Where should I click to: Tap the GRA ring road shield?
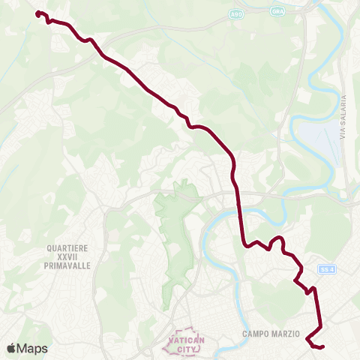coord(279,12)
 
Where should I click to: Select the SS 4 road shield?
coord(325,268)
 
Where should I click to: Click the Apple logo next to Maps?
coord(11,348)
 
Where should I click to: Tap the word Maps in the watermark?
coord(32,348)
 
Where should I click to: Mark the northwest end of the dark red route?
coord(37,13)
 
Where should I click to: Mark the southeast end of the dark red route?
coord(322,346)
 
